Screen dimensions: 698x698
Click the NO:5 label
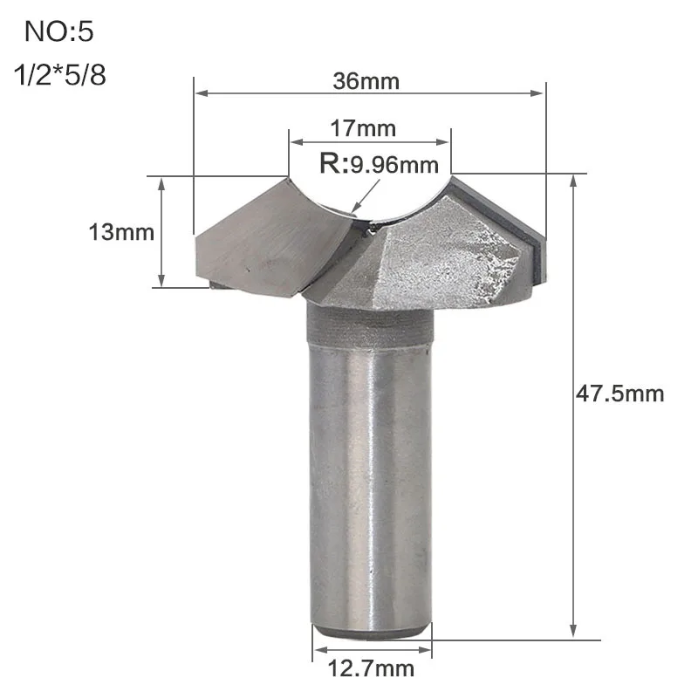[58, 32]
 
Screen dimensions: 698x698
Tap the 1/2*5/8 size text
[60, 74]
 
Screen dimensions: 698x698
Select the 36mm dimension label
[366, 81]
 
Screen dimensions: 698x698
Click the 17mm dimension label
[363, 128]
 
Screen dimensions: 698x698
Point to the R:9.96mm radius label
[380, 164]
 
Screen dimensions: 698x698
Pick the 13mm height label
[121, 232]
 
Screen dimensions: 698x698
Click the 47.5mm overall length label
[619, 394]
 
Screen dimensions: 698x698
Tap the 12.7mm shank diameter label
[371, 668]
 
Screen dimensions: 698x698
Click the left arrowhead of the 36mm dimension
[202, 93]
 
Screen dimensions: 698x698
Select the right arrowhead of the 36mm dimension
[536, 93]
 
